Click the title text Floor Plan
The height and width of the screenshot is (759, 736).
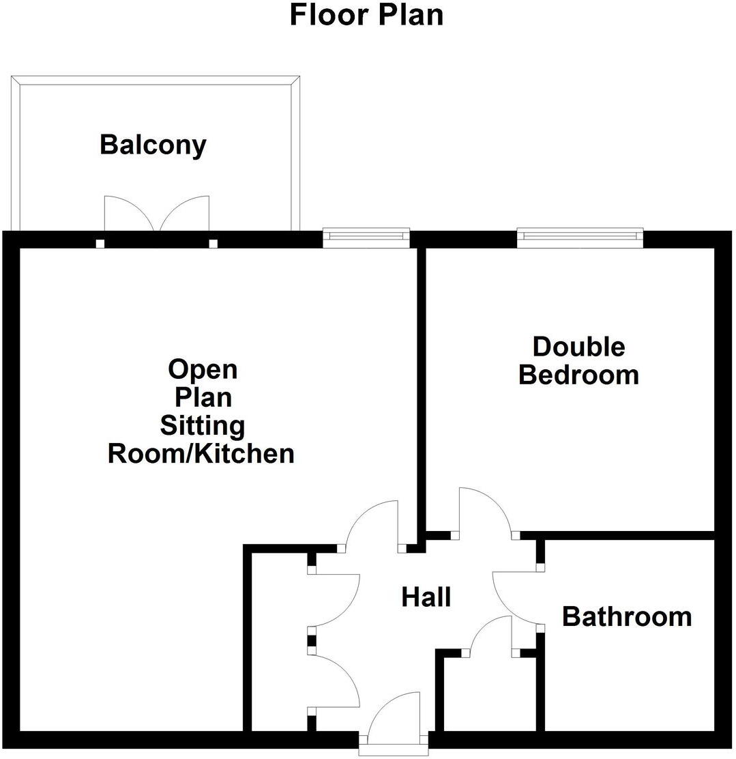pyautogui.click(x=366, y=15)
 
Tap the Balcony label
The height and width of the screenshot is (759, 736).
pyautogui.click(x=153, y=145)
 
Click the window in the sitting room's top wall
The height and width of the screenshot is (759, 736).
pyautogui.click(x=366, y=237)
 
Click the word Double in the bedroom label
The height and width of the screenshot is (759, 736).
pyautogui.click(x=578, y=347)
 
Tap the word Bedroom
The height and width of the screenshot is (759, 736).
pyautogui.click(x=578, y=375)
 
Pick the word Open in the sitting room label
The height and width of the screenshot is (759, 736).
pyautogui.click(x=203, y=369)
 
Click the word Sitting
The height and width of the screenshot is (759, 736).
pyautogui.click(x=203, y=425)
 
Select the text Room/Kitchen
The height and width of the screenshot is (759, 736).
pyautogui.click(x=201, y=454)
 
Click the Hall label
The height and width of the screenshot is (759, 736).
pyautogui.click(x=426, y=597)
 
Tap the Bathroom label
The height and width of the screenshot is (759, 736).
pyautogui.click(x=626, y=617)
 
